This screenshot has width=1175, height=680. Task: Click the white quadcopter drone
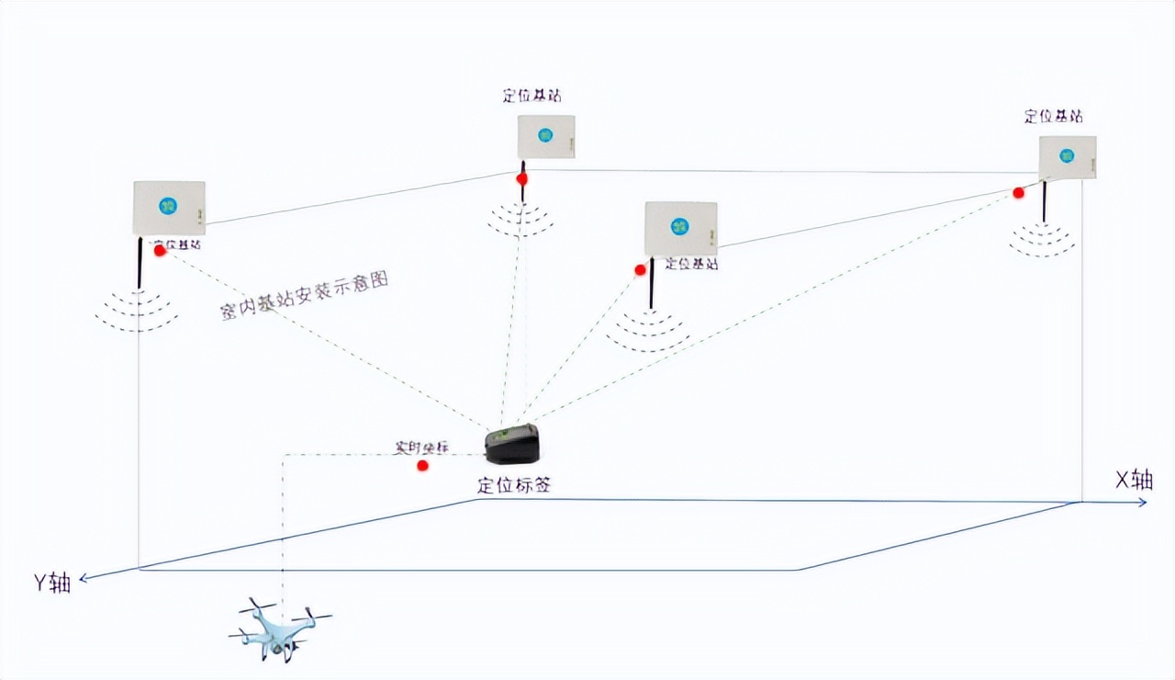pyautogui.click(x=280, y=629)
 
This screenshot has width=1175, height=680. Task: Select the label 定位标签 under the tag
pyautogui.click(x=514, y=485)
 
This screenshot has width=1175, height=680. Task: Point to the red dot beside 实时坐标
pyautogui.click(x=422, y=466)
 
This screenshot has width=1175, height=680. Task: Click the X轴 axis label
pyautogui.click(x=1132, y=479)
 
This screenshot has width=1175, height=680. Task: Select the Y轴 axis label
pyautogui.click(x=52, y=584)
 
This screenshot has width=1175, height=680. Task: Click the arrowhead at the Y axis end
pyautogui.click(x=84, y=578)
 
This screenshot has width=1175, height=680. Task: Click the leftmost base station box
pyautogui.click(x=169, y=208)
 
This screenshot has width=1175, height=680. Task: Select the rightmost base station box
pyautogui.click(x=1068, y=157)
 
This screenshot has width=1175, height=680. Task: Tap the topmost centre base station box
pyautogui.click(x=546, y=137)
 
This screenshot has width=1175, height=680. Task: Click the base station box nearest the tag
pyautogui.click(x=680, y=228)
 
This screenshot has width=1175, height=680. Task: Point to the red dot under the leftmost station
pyautogui.click(x=160, y=250)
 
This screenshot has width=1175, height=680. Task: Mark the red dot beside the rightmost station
pyautogui.click(x=1018, y=192)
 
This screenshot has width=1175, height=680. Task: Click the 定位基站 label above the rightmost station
pyautogui.click(x=1053, y=117)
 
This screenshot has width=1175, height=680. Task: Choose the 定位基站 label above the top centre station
pyautogui.click(x=532, y=96)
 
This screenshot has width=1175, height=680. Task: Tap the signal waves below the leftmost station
pyautogui.click(x=137, y=311)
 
